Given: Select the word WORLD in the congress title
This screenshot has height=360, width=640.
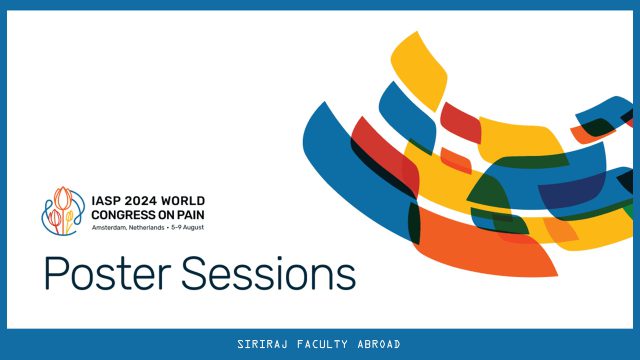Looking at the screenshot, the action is [x=183, y=201].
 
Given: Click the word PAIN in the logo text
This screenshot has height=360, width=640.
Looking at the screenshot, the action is [x=191, y=215].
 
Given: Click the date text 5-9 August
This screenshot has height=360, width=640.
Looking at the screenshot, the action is [x=187, y=228].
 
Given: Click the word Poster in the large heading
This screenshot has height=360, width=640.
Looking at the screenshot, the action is [x=107, y=273].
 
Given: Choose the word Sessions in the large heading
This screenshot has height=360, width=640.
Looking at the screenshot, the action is [x=269, y=273].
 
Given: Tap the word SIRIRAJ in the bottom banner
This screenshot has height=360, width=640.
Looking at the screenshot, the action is [x=262, y=344].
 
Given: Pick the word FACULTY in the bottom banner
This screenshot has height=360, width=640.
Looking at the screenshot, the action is [x=322, y=344].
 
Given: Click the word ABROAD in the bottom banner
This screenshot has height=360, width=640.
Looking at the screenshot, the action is [x=379, y=344].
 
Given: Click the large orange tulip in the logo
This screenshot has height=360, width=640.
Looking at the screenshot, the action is [x=63, y=199].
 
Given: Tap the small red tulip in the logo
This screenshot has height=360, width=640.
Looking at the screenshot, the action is [x=55, y=218].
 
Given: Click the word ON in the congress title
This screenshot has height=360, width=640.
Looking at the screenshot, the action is [x=167, y=215].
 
